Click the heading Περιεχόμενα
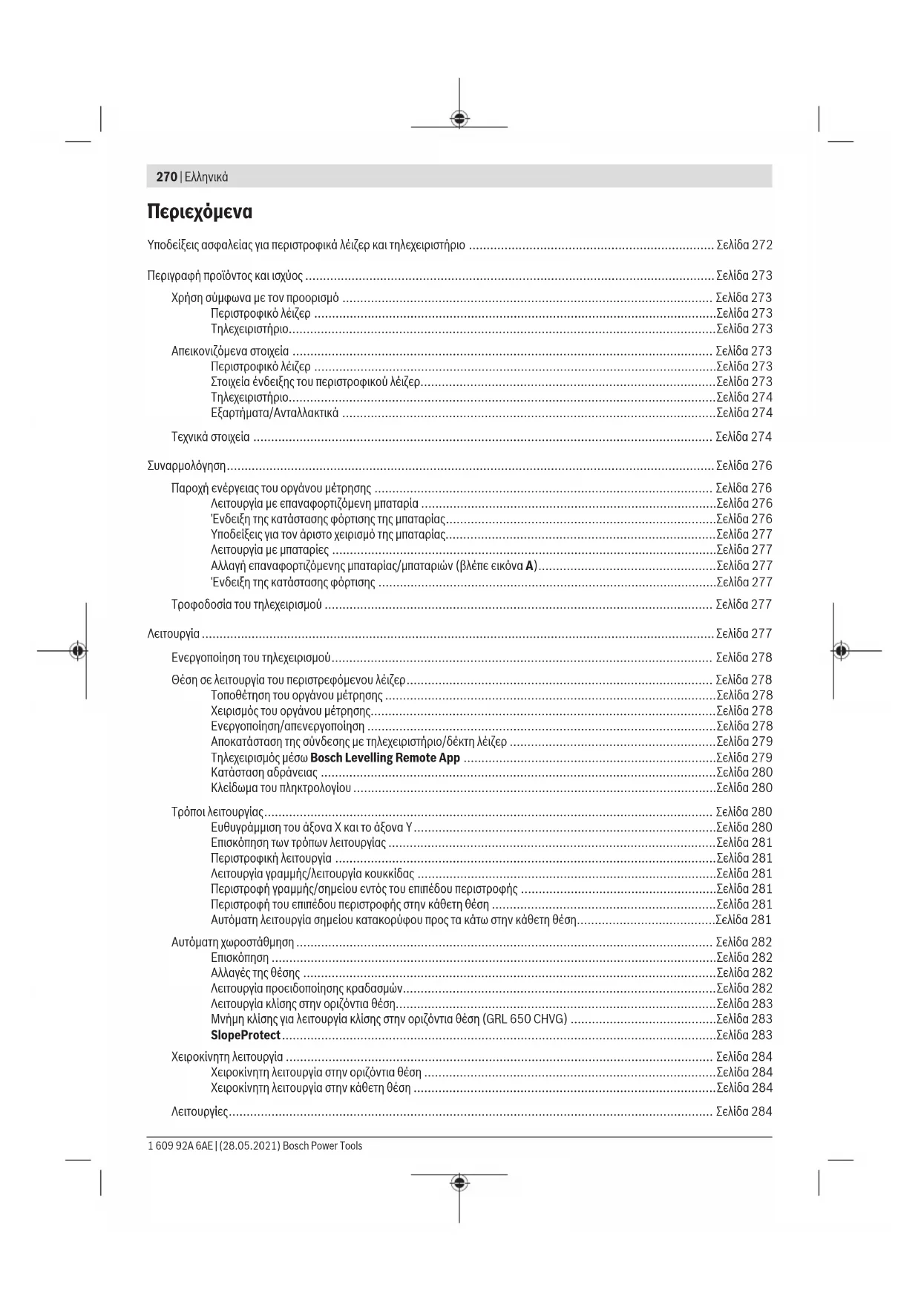point(200,212)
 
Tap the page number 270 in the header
point(166,177)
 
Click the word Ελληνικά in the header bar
point(206,177)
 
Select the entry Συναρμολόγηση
point(186,466)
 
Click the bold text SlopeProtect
point(246,1035)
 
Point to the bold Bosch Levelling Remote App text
point(385,758)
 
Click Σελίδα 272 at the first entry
point(744,245)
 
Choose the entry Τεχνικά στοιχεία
point(211,437)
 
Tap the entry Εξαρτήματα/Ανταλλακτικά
point(275,413)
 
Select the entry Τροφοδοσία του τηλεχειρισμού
point(246,604)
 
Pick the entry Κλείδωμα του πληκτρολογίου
point(281,788)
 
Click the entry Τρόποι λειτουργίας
point(217,812)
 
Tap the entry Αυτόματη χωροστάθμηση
point(232,943)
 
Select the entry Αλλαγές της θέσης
point(255,973)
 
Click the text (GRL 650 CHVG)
point(525,1018)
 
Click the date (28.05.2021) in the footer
point(249,1146)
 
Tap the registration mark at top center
point(459,118)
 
